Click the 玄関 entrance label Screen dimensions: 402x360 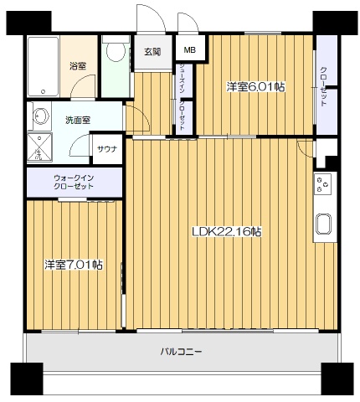tap(152, 52)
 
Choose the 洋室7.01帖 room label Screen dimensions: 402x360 tap(74, 265)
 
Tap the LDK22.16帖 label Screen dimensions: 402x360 tap(226, 231)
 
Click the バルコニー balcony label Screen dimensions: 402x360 tap(181, 351)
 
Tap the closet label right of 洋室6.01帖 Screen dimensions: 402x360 tap(324, 86)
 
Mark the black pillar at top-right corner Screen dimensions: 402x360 tap(328, 23)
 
